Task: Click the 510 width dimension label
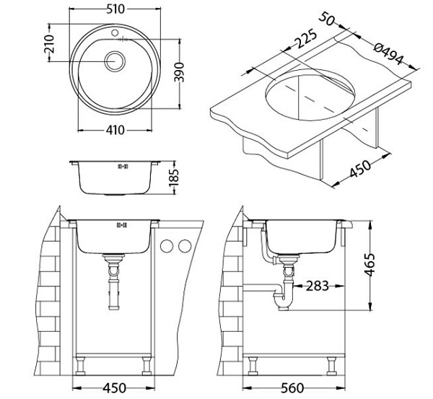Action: (115, 9)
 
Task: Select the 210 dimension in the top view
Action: (50, 43)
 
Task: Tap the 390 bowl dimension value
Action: (180, 72)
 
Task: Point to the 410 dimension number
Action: (115, 130)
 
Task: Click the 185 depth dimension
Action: (174, 177)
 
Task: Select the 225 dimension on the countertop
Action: (305, 38)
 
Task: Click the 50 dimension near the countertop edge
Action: (327, 19)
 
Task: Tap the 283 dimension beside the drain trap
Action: (318, 286)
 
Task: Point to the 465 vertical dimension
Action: (369, 265)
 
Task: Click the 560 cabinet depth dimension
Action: (293, 388)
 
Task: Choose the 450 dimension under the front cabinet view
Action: (114, 388)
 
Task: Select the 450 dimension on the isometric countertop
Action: (360, 169)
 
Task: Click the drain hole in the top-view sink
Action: (115, 61)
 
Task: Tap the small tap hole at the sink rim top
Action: (115, 33)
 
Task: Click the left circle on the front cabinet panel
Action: (167, 246)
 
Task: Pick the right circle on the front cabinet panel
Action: (185, 246)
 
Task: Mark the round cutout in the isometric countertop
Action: (310, 95)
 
